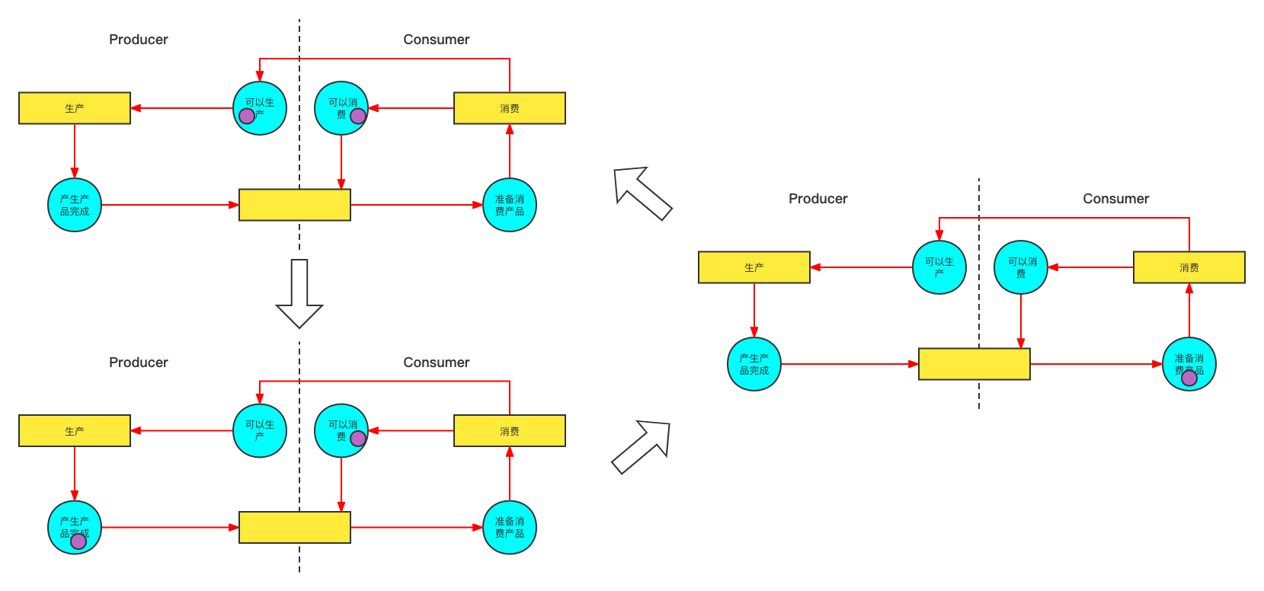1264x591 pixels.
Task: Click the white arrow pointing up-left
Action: [642, 193]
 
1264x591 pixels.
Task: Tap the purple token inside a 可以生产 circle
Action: [247, 116]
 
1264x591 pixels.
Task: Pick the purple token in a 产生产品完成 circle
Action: [78, 541]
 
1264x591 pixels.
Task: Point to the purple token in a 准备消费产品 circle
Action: [1189, 378]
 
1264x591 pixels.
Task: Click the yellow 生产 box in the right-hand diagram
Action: [754, 267]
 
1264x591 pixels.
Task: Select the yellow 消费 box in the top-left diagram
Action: [509, 108]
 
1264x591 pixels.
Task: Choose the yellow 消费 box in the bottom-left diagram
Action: [509, 431]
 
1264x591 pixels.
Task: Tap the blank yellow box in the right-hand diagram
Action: [974, 364]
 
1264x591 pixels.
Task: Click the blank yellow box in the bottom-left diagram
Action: [294, 527]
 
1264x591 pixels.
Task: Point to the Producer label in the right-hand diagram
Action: [818, 199]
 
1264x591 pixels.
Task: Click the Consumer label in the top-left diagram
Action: [436, 40]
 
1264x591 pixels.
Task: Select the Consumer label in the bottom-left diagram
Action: [436, 363]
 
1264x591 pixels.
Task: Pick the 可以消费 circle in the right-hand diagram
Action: [1021, 267]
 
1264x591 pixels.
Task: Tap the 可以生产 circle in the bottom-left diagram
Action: [260, 431]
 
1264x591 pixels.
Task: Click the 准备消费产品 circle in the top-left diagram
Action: [509, 205]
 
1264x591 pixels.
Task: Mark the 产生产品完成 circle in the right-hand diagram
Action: [754, 364]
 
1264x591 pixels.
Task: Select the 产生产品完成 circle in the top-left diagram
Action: [75, 205]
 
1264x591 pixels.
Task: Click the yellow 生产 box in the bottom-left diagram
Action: [75, 431]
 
